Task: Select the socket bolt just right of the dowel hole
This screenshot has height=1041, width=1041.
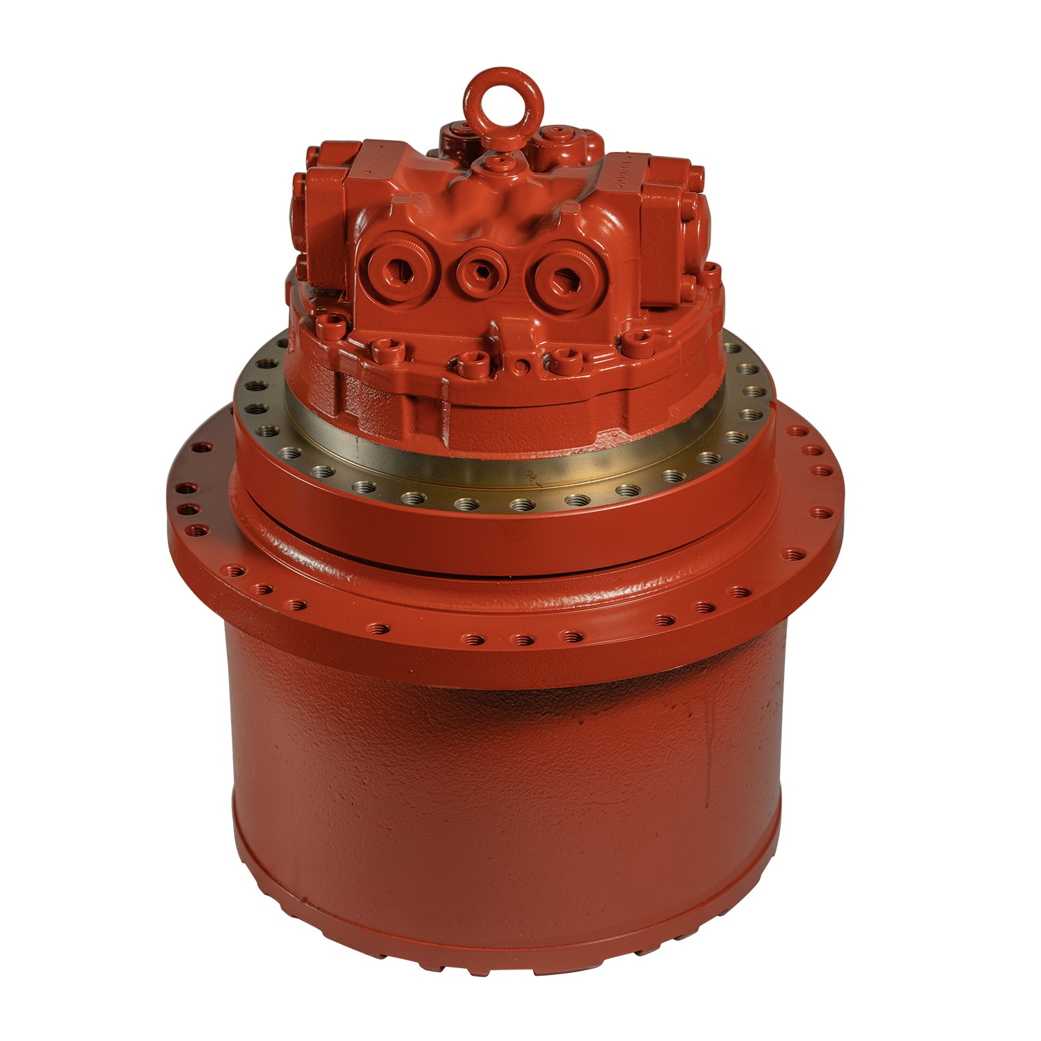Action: click(x=562, y=359)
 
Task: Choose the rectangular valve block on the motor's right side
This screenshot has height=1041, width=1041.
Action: click(x=670, y=208)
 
